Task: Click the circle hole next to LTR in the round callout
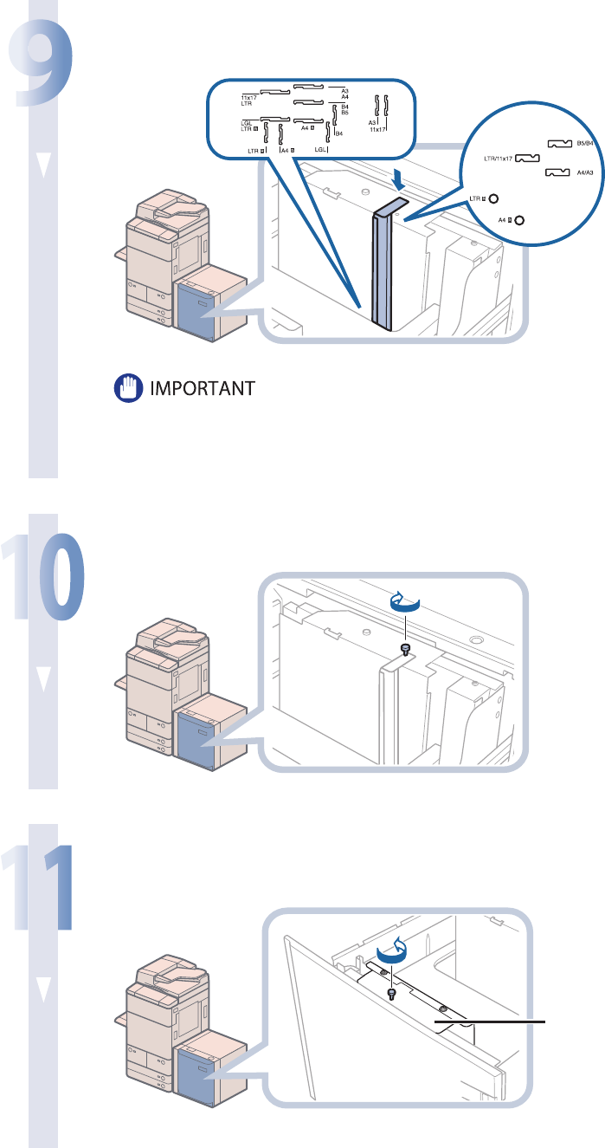493,198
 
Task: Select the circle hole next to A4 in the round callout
518,220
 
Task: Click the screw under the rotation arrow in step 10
404,649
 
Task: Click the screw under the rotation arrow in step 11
392,992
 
